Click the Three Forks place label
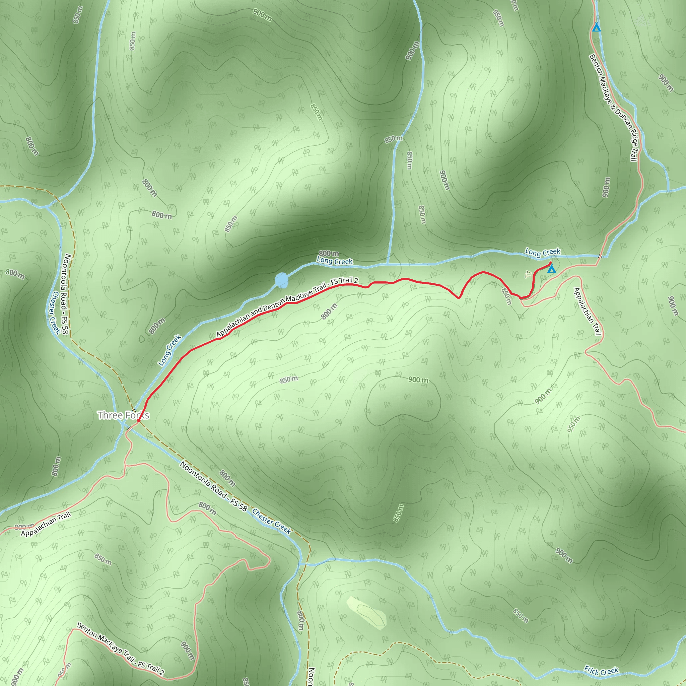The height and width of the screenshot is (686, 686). point(123,415)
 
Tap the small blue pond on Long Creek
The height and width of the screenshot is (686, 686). point(282,280)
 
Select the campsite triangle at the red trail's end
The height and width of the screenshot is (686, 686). point(551,269)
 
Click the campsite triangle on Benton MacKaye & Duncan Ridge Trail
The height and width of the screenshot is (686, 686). point(597,27)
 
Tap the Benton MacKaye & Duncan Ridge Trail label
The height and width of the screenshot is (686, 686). point(613,107)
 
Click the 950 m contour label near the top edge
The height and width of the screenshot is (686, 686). point(498,18)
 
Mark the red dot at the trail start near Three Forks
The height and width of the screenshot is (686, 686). point(138,421)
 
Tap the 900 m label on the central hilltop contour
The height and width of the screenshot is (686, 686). point(418,380)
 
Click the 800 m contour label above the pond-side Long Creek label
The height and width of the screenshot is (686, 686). point(329,253)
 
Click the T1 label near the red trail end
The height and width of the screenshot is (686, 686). point(528,274)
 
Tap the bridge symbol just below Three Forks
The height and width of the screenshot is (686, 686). point(130,429)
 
